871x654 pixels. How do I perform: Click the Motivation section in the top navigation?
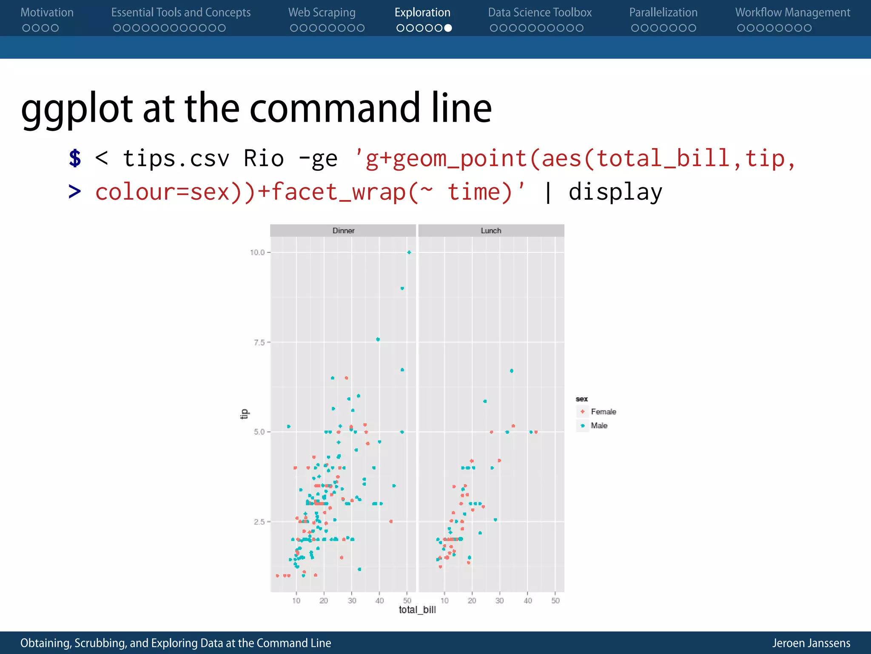(47, 13)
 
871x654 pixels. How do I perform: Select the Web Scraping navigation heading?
(322, 13)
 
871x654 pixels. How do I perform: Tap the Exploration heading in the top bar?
(422, 13)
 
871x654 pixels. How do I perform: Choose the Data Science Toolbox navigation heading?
(540, 13)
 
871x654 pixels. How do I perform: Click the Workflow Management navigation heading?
(793, 13)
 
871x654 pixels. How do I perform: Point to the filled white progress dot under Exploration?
(448, 28)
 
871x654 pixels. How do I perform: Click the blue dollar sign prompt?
(75, 158)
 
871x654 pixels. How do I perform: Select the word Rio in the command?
(264, 158)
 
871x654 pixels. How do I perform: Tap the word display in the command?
(615, 192)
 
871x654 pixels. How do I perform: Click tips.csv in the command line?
(176, 158)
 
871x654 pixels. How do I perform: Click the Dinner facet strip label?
(343, 230)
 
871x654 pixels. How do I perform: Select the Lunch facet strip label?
(491, 230)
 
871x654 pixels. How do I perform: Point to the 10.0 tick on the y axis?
(257, 252)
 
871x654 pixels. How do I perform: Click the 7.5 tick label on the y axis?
(259, 342)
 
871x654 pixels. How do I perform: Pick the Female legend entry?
(603, 412)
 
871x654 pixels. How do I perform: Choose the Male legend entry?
(599, 425)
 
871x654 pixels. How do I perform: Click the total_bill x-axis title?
(417, 610)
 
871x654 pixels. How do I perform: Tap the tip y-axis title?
(244, 414)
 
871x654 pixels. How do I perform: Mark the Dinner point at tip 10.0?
(409, 252)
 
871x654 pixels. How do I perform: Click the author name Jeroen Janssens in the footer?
(811, 643)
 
